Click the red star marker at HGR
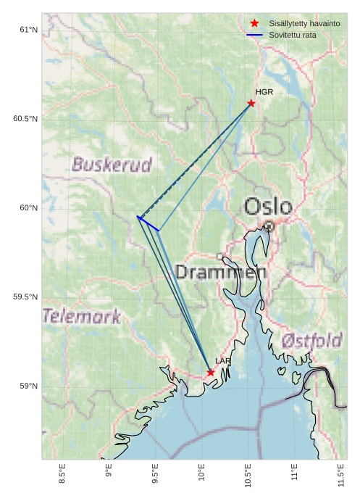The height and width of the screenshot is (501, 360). [251, 103]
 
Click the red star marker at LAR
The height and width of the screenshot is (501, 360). [211, 373]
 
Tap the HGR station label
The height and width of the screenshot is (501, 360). [264, 92]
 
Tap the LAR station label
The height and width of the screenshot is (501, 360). [223, 361]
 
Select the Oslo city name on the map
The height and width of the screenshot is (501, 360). [268, 207]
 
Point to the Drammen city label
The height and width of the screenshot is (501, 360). [221, 273]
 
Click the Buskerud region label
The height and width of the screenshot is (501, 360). [112, 165]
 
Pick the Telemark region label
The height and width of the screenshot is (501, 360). [82, 316]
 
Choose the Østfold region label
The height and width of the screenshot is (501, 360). [311, 340]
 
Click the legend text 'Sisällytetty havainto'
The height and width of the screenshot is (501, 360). [304, 23]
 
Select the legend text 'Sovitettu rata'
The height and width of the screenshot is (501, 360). [293, 35]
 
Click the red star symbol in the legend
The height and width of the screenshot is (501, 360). [254, 23]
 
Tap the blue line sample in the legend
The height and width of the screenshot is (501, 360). [254, 35]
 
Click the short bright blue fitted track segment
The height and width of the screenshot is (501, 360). [148, 223]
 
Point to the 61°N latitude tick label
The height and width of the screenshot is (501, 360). [28, 30]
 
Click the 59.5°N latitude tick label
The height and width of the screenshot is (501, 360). [25, 297]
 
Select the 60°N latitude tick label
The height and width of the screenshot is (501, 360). [28, 208]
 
